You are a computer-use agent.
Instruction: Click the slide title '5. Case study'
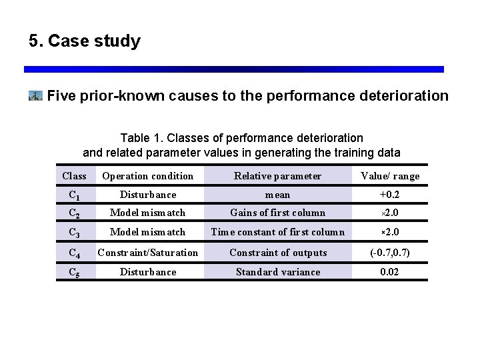(85, 41)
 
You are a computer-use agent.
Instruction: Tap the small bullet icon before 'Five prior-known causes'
(36, 96)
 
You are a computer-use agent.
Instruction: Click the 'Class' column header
(74, 176)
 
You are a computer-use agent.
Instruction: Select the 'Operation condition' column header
(147, 176)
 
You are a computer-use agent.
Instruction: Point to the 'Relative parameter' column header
(277, 176)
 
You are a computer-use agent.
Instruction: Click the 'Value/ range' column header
(390, 176)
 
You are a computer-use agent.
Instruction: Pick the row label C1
(74, 195)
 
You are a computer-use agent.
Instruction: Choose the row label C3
(74, 233)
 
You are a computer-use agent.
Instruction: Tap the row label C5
(74, 272)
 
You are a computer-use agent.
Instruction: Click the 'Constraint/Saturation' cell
(147, 253)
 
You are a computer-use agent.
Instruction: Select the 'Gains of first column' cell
(277, 213)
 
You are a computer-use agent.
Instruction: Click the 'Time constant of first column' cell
(277, 232)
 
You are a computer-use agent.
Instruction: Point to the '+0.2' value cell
(390, 195)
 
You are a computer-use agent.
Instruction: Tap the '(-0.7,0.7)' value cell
(390, 253)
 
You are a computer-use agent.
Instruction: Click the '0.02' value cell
(390, 271)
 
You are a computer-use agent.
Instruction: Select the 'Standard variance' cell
(277, 271)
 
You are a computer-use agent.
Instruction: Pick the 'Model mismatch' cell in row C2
(147, 213)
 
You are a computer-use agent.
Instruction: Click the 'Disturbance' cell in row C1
(147, 195)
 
